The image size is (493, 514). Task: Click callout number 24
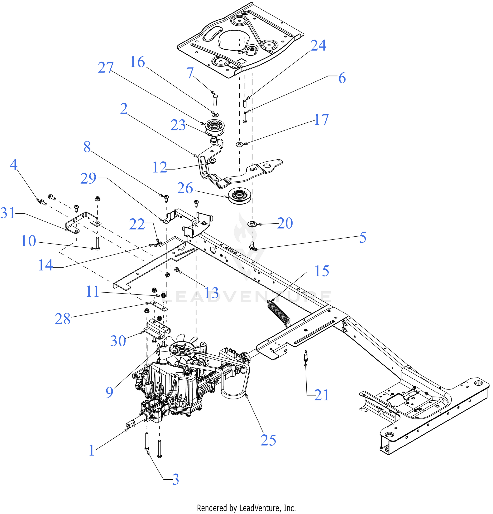pos(318,45)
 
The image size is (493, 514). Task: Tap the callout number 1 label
pos(91,451)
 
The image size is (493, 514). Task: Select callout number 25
pos(268,440)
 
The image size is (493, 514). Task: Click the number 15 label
pos(322,271)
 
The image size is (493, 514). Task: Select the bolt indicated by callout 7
pos(215,100)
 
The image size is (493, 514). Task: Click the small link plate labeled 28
pos(159,306)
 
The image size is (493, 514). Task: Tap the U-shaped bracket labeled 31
pos(83,223)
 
